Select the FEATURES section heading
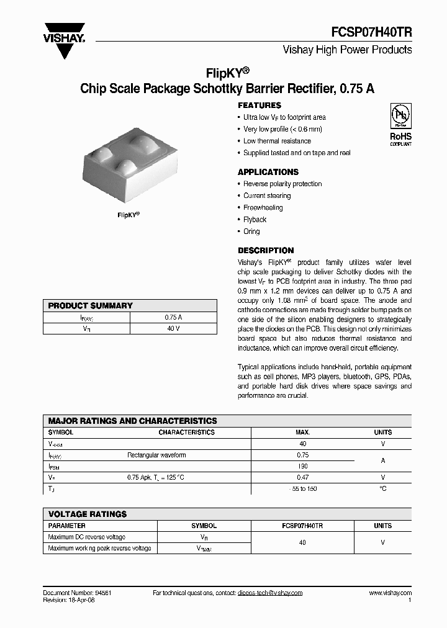coord(260,105)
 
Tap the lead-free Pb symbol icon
coord(400,116)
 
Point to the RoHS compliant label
coord(400,138)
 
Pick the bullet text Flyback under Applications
coord(255,220)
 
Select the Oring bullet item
coord(251,231)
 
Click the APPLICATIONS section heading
coord(268,172)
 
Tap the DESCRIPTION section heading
coord(266,251)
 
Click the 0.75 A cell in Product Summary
coord(173,317)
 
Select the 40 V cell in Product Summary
coord(173,328)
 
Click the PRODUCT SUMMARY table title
coord(91,306)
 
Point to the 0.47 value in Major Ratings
coord(303,478)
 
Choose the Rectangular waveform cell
coord(156,455)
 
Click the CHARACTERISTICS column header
coord(186,433)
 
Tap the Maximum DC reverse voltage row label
coord(87,537)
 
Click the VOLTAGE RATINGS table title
coord(88,514)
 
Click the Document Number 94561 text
coord(77,593)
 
